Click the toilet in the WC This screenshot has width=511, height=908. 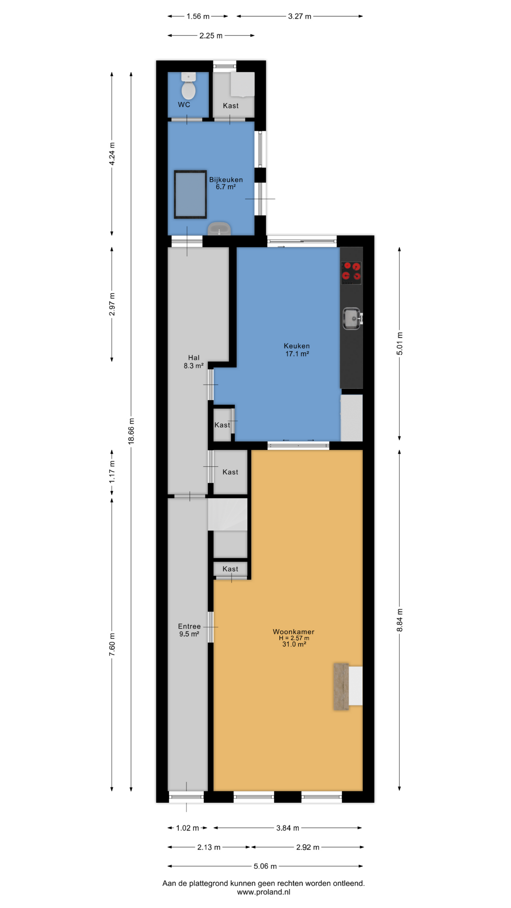pyautogui.click(x=188, y=86)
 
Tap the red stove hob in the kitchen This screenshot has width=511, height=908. pyautogui.click(x=351, y=273)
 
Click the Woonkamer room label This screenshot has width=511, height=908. pyautogui.click(x=293, y=632)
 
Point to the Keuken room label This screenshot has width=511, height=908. pyautogui.click(x=297, y=346)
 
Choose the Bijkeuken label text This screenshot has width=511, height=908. pyautogui.click(x=226, y=180)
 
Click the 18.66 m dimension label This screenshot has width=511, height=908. pyautogui.click(x=131, y=431)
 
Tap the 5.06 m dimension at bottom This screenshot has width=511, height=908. pyautogui.click(x=265, y=866)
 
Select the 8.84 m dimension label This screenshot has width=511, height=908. pyautogui.click(x=400, y=620)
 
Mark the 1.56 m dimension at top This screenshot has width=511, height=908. pyautogui.click(x=198, y=16)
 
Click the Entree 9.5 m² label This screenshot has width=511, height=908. pyautogui.click(x=189, y=630)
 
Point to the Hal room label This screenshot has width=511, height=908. pyautogui.click(x=194, y=358)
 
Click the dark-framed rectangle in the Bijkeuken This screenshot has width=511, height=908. pyautogui.click(x=190, y=195)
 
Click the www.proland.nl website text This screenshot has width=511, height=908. pyautogui.click(x=264, y=892)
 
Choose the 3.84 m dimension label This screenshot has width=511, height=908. pyautogui.click(x=288, y=828)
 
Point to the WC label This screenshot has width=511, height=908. pyautogui.click(x=184, y=105)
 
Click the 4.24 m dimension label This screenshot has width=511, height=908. pyautogui.click(x=112, y=154)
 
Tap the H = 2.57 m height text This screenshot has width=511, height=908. pyautogui.click(x=294, y=638)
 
